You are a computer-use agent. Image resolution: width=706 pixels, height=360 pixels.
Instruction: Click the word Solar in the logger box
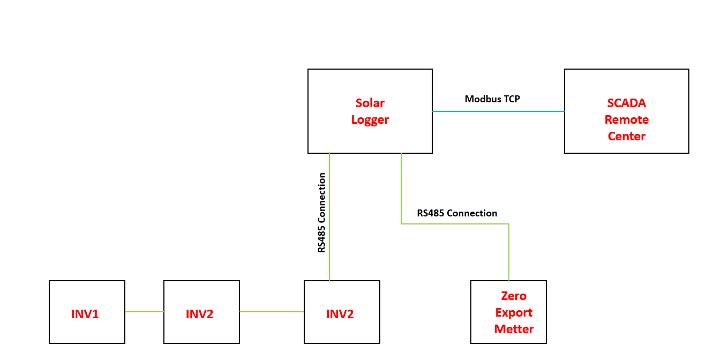(x=370, y=103)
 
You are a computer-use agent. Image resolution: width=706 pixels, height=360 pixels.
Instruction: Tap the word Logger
(x=370, y=120)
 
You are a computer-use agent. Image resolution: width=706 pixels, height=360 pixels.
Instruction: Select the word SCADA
(x=627, y=103)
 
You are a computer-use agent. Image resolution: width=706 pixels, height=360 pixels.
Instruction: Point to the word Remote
(x=627, y=120)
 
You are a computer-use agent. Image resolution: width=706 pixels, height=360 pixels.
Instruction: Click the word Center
(x=627, y=137)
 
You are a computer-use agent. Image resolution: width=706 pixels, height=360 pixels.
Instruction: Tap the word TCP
(x=512, y=99)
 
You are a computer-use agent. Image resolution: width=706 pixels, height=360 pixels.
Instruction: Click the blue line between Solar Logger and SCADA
(x=498, y=111)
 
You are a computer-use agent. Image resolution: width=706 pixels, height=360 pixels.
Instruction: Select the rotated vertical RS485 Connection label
(x=321, y=213)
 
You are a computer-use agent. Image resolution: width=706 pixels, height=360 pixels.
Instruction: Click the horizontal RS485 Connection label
(x=457, y=213)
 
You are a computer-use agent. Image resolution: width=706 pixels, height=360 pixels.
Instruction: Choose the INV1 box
(x=87, y=312)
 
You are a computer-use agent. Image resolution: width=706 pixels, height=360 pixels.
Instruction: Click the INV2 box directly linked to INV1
(x=202, y=312)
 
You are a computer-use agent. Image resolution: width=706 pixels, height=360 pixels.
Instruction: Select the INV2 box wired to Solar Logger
(x=342, y=312)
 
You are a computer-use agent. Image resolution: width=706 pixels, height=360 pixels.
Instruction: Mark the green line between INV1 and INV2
(x=144, y=312)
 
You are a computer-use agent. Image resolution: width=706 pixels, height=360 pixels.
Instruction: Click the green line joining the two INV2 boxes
(x=272, y=312)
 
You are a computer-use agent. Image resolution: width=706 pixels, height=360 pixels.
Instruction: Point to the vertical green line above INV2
(x=329, y=217)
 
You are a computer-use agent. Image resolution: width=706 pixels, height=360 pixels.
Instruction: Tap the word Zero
(x=514, y=296)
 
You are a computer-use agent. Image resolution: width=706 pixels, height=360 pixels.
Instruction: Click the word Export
(x=514, y=313)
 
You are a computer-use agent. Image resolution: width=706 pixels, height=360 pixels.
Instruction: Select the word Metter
(x=514, y=329)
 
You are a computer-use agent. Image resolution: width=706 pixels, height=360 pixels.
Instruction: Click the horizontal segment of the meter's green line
(x=455, y=224)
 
